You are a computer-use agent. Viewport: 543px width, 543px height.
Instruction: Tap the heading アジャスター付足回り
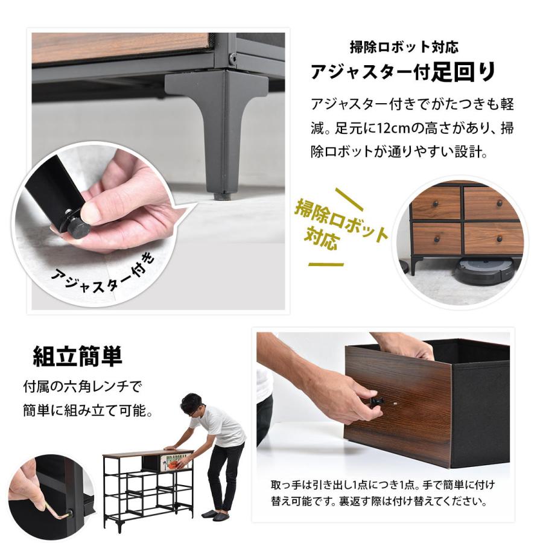pos(402,72)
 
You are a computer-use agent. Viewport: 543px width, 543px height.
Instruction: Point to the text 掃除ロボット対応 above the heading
pos(408,47)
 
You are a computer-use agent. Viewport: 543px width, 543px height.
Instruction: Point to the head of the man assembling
pos(192,405)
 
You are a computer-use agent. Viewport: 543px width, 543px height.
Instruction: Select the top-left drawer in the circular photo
pos(435,203)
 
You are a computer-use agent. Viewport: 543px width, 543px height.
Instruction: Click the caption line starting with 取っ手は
pos(384,484)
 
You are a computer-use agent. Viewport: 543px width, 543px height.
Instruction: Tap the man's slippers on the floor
pos(216,514)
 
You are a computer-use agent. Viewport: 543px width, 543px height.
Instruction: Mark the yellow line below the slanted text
pos(326,264)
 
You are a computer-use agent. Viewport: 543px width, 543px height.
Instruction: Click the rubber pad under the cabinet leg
pos(223,194)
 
